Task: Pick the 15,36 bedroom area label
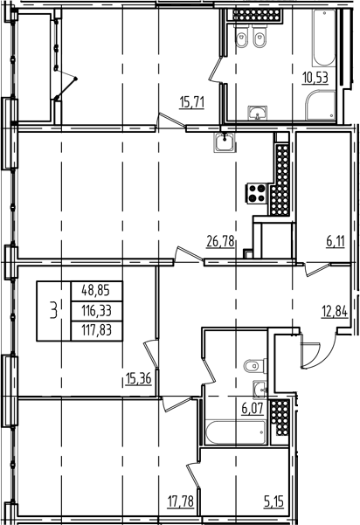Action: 139,377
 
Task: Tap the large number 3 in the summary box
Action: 56,309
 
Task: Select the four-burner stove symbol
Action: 259,194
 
